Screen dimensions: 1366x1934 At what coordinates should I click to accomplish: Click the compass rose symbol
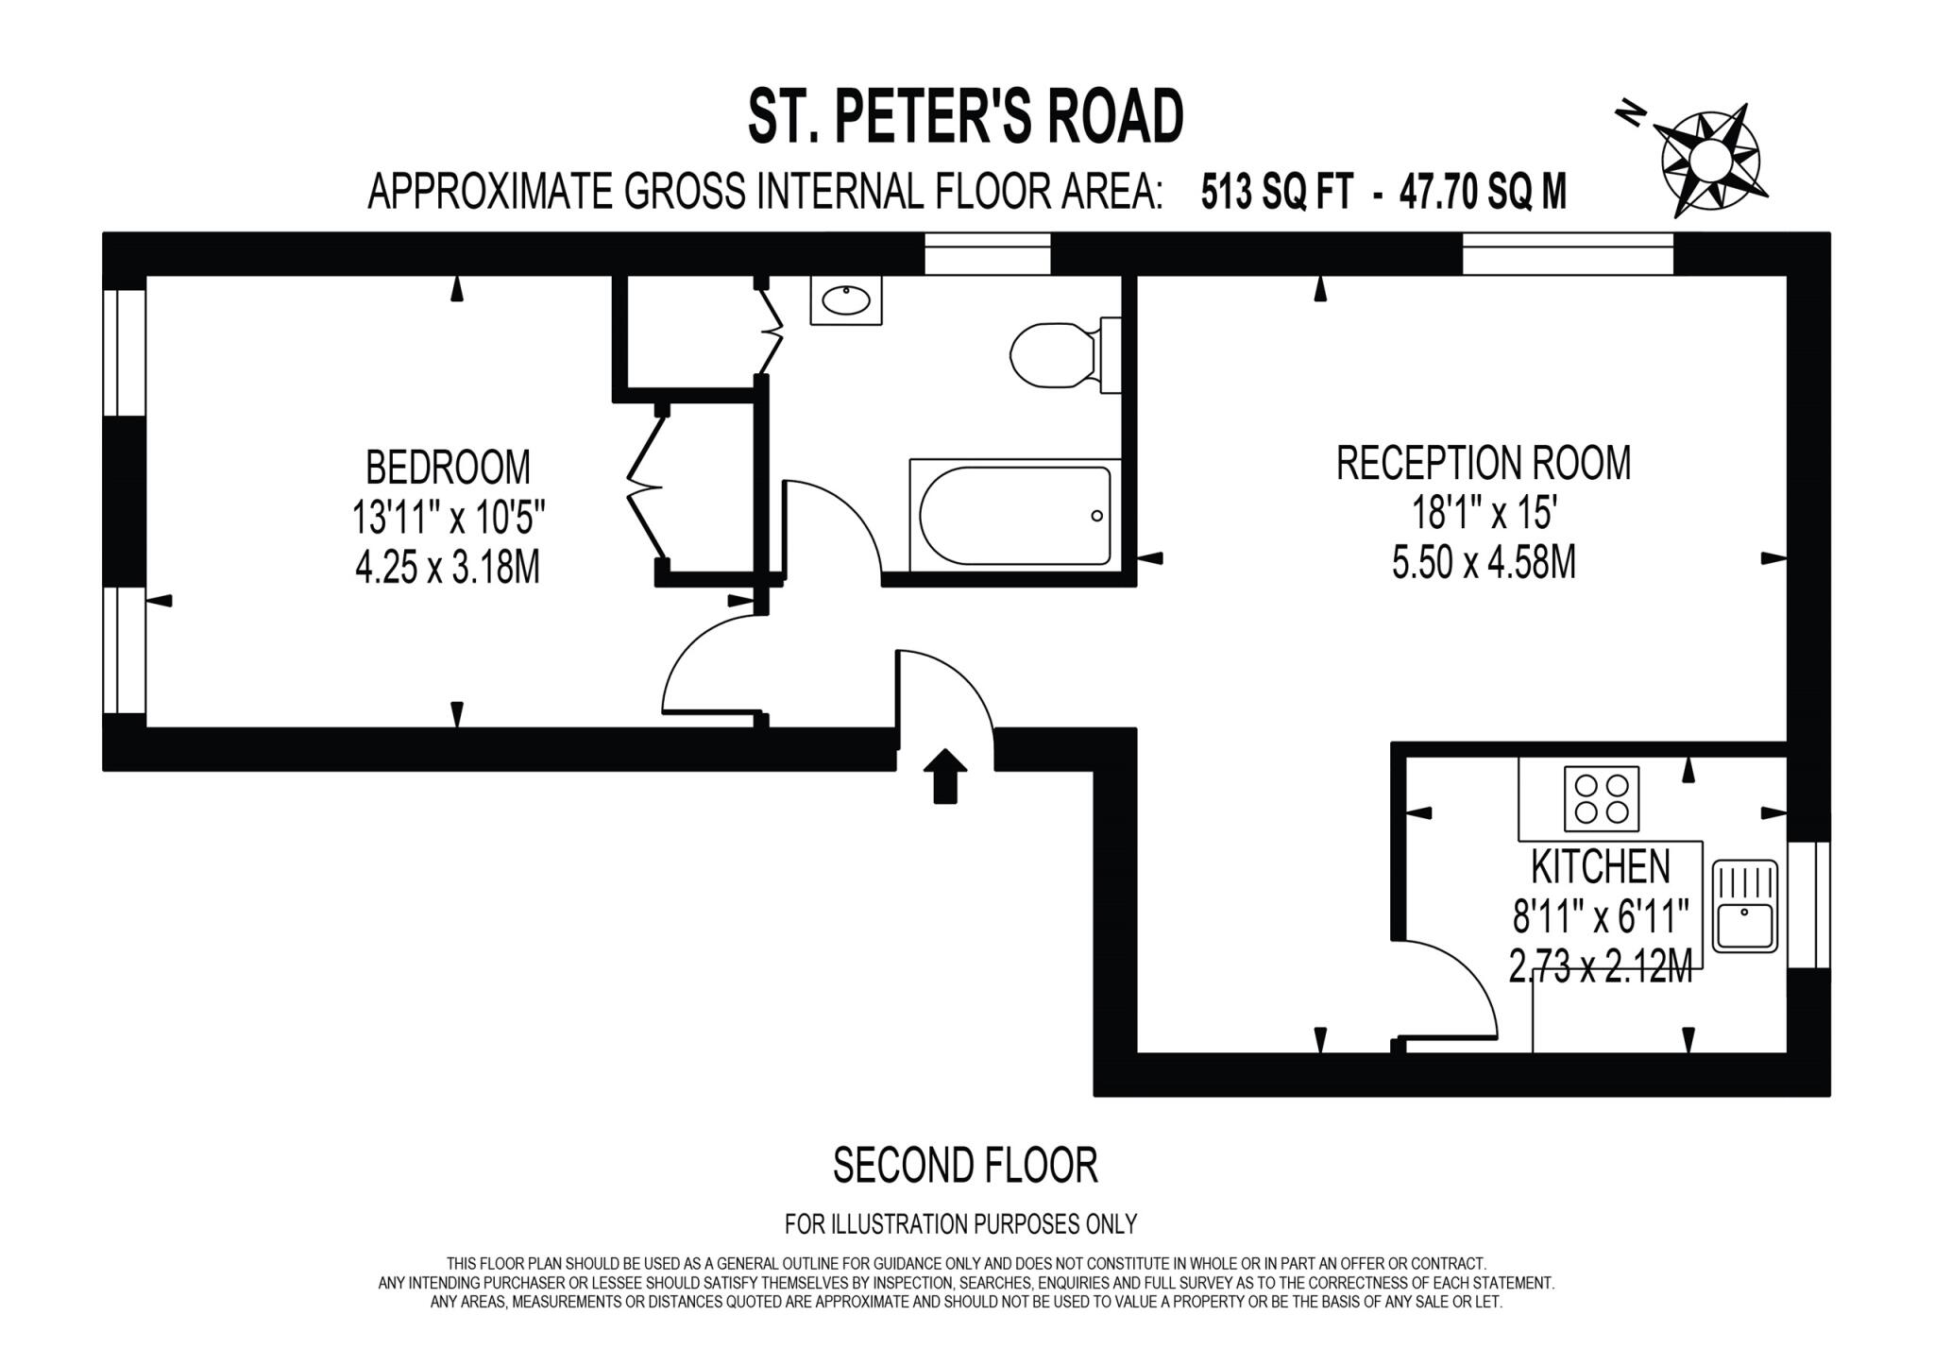tap(1710, 162)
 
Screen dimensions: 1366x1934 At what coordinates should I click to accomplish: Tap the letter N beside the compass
tap(1630, 115)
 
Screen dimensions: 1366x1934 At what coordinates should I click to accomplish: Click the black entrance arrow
tap(944, 776)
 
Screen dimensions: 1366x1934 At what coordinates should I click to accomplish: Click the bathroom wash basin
tap(845, 301)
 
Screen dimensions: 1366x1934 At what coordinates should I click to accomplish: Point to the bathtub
tap(1014, 516)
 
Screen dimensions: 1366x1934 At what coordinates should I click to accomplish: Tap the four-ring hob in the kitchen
tap(1602, 798)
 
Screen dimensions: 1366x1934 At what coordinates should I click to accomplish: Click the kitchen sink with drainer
tap(1744, 905)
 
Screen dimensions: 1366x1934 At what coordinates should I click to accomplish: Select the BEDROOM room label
tap(448, 468)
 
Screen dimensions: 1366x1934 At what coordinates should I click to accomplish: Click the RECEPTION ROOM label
tap(1483, 463)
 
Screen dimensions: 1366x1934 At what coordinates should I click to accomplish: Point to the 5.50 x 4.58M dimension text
tap(1483, 564)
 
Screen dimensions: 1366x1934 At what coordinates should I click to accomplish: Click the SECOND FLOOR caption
tap(965, 1166)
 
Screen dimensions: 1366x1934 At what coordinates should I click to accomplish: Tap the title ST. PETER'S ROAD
tap(965, 117)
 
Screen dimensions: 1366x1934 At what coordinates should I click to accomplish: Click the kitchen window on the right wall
tap(1808, 904)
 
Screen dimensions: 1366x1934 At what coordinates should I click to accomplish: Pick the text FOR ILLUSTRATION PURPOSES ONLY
tap(960, 1224)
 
